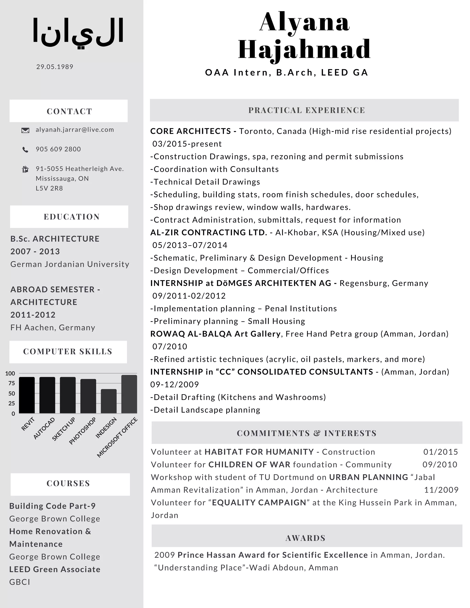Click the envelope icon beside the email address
tap(25, 130)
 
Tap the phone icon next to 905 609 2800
tap(25, 150)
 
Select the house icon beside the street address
tap(25, 169)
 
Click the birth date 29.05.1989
tap(55, 67)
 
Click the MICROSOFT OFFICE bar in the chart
tap(129, 394)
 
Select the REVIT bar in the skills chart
tap(27, 395)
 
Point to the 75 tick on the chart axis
tap(12, 383)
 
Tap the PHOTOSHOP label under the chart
tap(83, 431)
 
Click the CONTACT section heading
tap(69, 111)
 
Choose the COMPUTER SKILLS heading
tap(68, 351)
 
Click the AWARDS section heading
tap(305, 538)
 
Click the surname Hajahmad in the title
tap(304, 50)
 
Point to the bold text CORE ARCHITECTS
tap(191, 131)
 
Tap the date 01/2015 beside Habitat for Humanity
tap(440, 452)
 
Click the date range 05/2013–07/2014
tap(190, 245)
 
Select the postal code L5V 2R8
tap(49, 188)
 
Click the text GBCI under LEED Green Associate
tap(20, 582)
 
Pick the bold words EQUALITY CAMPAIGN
tap(259, 502)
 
